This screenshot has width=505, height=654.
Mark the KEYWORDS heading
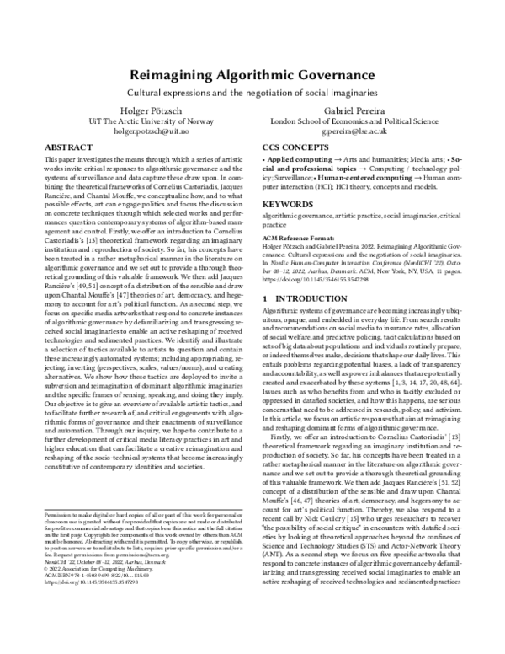(282, 204)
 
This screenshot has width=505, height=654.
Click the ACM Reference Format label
(300, 238)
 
